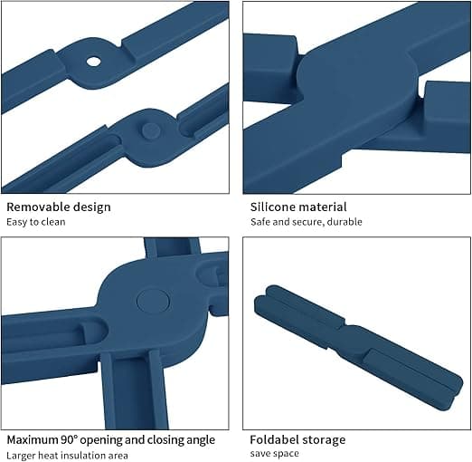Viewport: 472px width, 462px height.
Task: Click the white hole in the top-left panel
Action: pos(93,62)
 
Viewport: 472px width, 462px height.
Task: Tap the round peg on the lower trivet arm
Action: pos(151,130)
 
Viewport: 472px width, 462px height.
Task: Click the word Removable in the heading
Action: pos(38,207)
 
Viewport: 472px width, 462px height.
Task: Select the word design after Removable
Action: pos(92,207)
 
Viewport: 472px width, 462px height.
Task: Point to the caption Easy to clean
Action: pos(36,222)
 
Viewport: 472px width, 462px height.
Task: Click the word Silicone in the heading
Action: pos(272,207)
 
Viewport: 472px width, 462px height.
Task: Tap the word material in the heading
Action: pos(322,207)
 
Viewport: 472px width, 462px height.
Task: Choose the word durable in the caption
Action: pos(345,222)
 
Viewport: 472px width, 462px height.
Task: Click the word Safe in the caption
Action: pos(260,222)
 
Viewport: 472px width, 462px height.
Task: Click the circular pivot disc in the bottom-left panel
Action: pos(153,302)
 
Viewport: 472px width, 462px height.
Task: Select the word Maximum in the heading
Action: pos(33,440)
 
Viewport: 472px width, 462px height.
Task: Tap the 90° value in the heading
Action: pos(70,440)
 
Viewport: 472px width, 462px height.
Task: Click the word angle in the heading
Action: pos(201,440)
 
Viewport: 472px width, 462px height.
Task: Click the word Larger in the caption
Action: pos(19,456)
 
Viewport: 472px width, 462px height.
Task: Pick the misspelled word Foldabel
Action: pos(272,440)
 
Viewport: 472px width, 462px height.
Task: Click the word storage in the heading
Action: pos(321,440)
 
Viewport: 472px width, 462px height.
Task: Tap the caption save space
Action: pos(275,454)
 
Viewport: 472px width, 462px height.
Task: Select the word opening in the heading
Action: pos(101,440)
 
